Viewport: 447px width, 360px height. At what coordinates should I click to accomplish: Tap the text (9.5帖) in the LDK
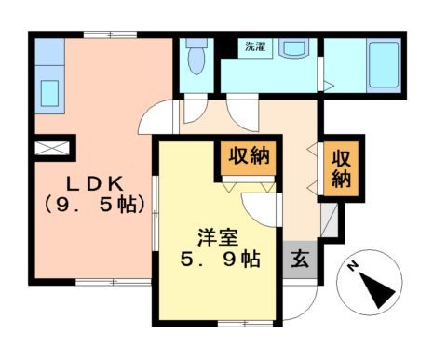89,206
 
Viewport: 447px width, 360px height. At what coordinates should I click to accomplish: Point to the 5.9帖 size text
220,260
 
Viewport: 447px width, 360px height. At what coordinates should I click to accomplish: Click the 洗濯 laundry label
253,46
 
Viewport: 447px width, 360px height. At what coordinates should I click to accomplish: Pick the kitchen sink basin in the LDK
47,94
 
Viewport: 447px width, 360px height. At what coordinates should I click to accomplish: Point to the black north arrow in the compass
380,294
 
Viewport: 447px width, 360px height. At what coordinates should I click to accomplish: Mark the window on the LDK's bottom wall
102,280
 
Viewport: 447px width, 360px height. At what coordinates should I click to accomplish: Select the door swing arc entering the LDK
158,118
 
